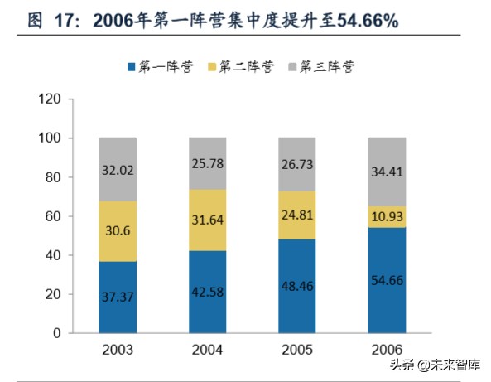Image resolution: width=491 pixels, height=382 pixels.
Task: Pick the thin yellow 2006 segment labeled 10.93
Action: pyautogui.click(x=387, y=216)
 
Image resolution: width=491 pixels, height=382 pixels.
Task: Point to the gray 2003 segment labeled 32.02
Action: pyautogui.click(x=118, y=170)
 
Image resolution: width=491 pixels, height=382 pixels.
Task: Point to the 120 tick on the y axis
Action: pyautogui.click(x=51, y=99)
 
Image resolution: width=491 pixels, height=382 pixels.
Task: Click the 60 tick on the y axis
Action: pyautogui.click(x=54, y=216)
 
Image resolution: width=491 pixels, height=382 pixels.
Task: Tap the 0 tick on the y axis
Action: pyautogui.click(x=57, y=333)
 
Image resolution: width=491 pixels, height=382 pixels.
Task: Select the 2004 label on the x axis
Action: pyautogui.click(x=208, y=349)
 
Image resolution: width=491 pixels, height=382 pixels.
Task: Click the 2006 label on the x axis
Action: pyautogui.click(x=387, y=349)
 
